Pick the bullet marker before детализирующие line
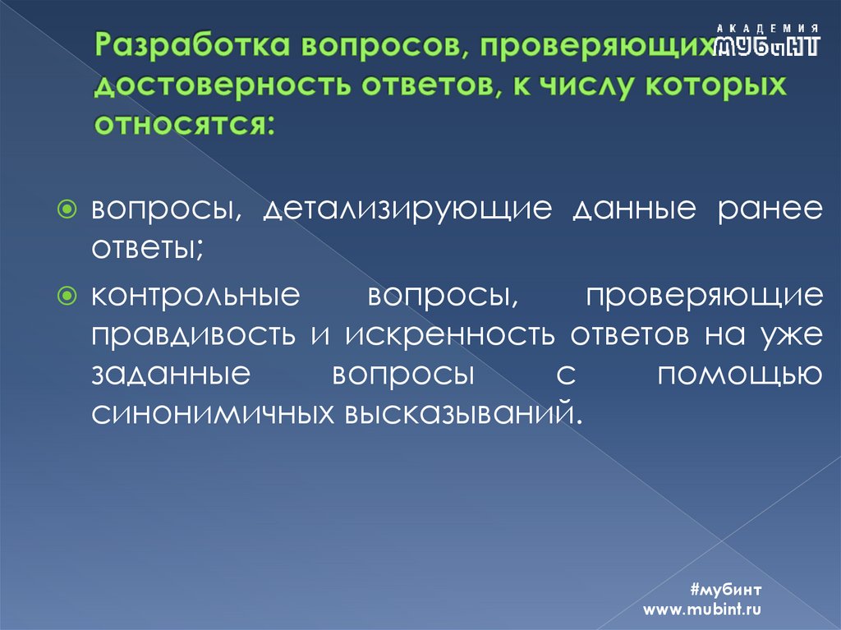(x=72, y=209)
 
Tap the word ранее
(x=768, y=209)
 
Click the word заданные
(x=171, y=373)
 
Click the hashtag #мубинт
(x=728, y=590)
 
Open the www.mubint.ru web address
(x=703, y=609)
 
